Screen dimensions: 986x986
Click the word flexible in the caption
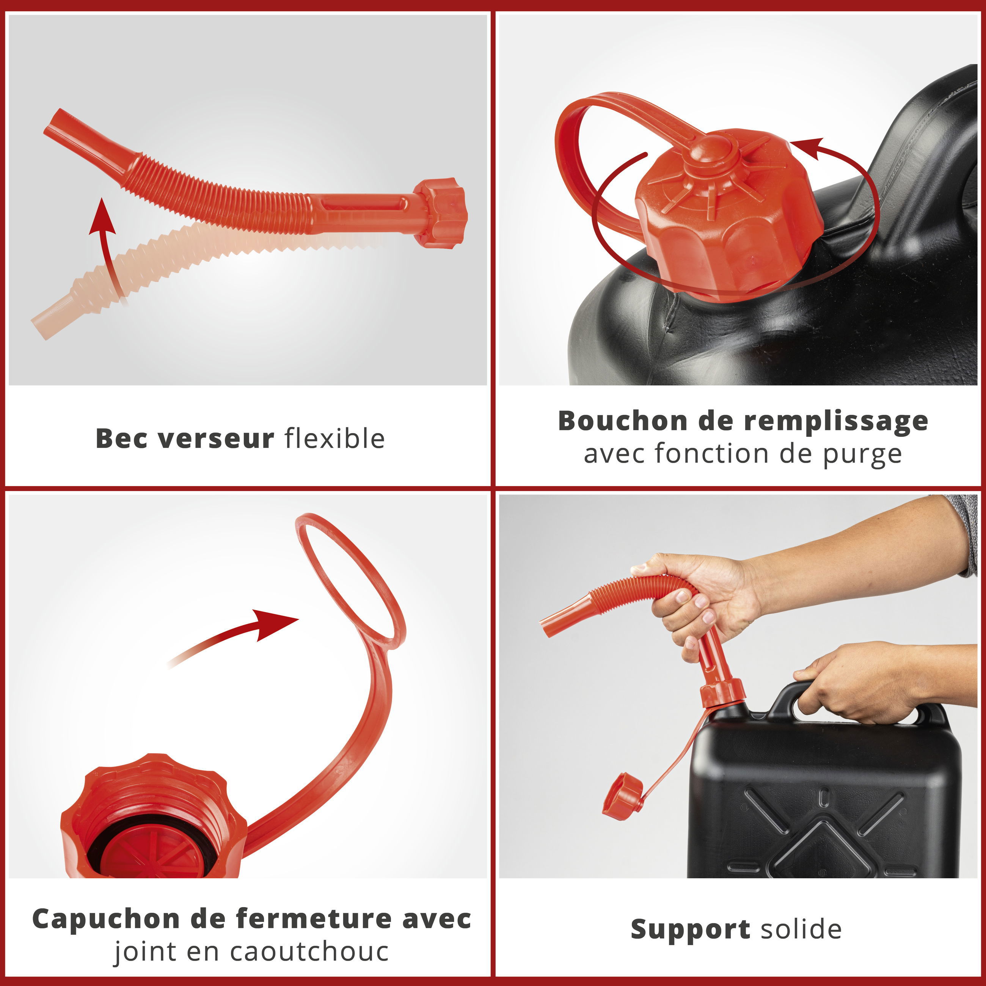pyautogui.click(x=334, y=438)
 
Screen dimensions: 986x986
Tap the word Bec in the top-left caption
pyautogui.click(x=121, y=438)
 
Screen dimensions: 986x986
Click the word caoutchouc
pyautogui.click(x=309, y=952)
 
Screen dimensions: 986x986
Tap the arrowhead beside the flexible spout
pyautogui.click(x=102, y=217)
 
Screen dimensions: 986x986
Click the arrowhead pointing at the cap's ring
pyautogui.click(x=276, y=624)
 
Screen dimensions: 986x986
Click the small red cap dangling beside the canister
pyautogui.click(x=623, y=796)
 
